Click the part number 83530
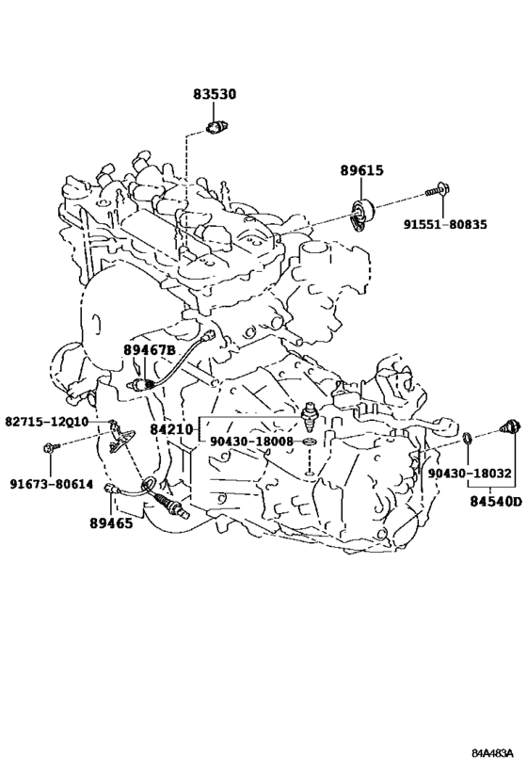click(x=214, y=93)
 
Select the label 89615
click(x=361, y=170)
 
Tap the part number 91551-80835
click(x=445, y=225)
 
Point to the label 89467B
click(x=149, y=349)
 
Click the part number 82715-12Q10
click(x=47, y=422)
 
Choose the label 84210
click(x=171, y=429)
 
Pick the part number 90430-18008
click(x=251, y=442)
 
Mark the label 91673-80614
click(x=52, y=484)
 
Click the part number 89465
click(x=111, y=523)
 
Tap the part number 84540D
click(x=496, y=503)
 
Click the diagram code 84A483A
click(x=492, y=753)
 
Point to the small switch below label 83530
click(x=215, y=128)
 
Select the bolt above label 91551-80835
click(x=439, y=189)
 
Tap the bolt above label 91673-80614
click(x=51, y=447)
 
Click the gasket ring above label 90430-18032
click(x=468, y=437)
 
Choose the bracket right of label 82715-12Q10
click(x=120, y=438)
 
